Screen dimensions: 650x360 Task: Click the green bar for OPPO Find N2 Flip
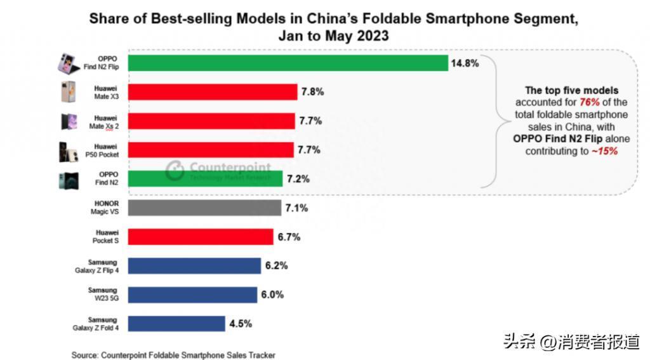click(288, 63)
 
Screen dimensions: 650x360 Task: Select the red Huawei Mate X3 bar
click(212, 92)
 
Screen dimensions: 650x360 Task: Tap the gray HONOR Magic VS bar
click(204, 208)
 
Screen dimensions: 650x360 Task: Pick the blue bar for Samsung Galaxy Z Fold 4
click(176, 324)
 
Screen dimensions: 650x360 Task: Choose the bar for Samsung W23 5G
click(192, 295)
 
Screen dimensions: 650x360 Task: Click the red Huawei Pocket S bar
click(200, 237)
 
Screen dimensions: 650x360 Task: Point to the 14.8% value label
click(465, 63)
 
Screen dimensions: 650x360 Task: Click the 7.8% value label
click(312, 91)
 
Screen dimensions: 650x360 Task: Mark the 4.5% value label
click(241, 324)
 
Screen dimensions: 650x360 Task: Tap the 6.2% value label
click(277, 265)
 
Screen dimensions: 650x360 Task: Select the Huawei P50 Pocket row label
click(102, 150)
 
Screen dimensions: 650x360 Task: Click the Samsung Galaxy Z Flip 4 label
click(97, 266)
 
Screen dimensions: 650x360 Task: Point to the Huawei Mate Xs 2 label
click(104, 123)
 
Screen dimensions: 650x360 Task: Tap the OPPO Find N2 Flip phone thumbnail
click(69, 63)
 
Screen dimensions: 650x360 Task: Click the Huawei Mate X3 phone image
click(68, 91)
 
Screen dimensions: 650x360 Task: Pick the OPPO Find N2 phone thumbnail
click(69, 181)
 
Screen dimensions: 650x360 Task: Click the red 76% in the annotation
click(590, 102)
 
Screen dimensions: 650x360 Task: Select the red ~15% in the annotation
click(605, 151)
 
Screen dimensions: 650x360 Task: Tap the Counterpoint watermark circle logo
click(175, 170)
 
